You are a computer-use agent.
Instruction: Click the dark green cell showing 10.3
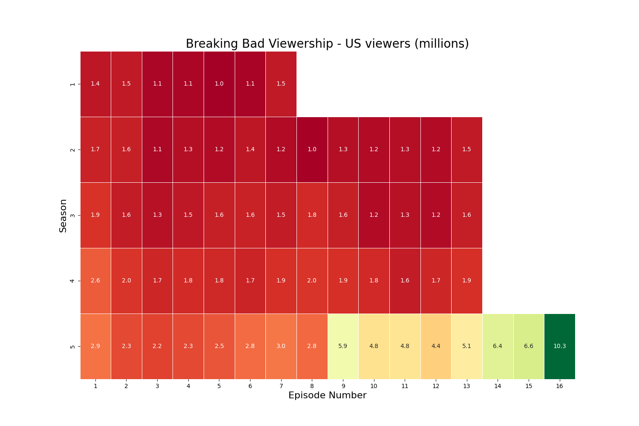(x=559, y=346)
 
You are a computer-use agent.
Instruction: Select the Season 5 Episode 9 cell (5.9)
(x=343, y=346)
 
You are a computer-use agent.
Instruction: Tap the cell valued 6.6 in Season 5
(x=529, y=346)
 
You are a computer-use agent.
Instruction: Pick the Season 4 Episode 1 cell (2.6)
(x=95, y=281)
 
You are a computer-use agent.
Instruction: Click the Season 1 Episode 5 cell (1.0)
(x=219, y=84)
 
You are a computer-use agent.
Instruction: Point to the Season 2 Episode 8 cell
(x=312, y=150)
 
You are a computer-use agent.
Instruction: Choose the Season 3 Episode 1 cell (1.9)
(x=95, y=215)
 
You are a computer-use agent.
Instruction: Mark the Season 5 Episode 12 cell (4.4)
(x=436, y=346)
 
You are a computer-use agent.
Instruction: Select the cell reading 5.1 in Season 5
(x=466, y=346)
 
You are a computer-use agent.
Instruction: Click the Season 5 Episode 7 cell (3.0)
(x=281, y=346)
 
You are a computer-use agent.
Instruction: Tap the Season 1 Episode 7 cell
(x=281, y=84)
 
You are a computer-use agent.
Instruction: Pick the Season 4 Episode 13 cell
(x=466, y=281)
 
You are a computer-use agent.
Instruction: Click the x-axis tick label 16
(x=559, y=386)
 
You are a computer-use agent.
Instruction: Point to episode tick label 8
(x=312, y=386)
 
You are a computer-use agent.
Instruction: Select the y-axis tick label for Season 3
(x=73, y=215)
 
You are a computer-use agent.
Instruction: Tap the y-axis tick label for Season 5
(x=73, y=346)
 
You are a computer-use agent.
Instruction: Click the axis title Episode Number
(x=327, y=395)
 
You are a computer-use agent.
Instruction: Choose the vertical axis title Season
(x=63, y=216)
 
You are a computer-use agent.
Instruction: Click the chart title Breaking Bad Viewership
(x=327, y=44)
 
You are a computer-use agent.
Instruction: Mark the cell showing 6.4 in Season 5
(x=498, y=346)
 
